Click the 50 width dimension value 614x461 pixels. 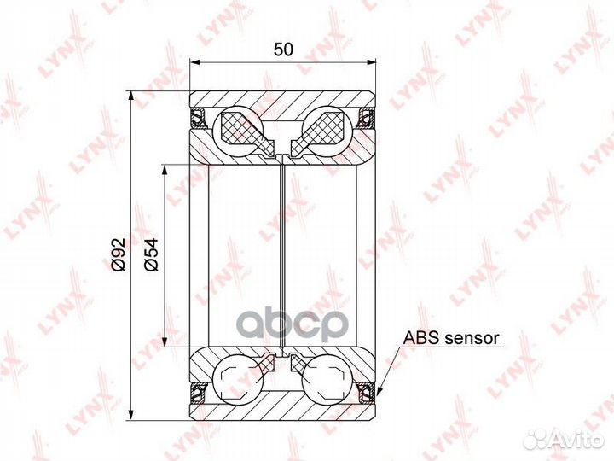(x=283, y=50)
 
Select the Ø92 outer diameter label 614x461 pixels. (x=119, y=254)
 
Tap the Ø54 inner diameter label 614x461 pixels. (x=151, y=254)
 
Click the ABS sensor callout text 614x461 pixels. (x=451, y=337)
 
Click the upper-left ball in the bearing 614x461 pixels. (x=237, y=131)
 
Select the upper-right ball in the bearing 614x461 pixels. (x=327, y=131)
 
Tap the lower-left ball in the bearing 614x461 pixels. (x=237, y=378)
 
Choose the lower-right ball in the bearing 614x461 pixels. (x=327, y=378)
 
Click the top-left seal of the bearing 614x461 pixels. (x=199, y=118)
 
